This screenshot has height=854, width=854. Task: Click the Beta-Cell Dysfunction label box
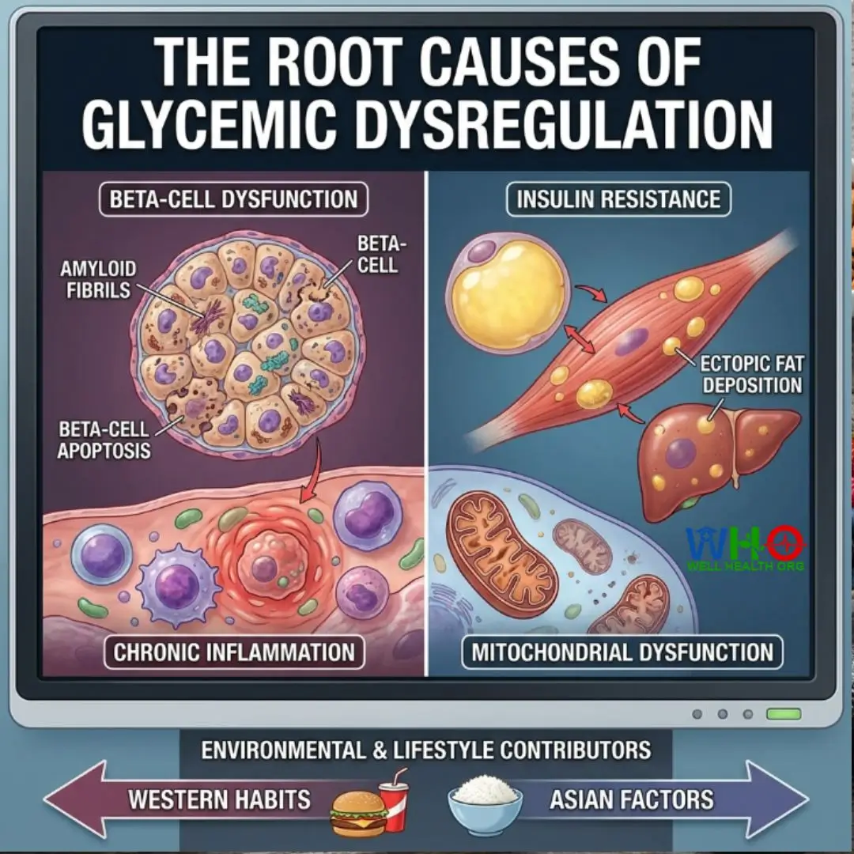click(x=233, y=199)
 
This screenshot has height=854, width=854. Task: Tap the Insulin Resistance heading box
click(x=618, y=199)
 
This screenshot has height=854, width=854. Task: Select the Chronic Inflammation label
click(x=233, y=652)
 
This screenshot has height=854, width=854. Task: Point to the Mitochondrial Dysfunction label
click(x=622, y=652)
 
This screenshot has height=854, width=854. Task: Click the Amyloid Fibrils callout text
click(x=98, y=279)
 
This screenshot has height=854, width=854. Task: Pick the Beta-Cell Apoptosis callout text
click(x=104, y=440)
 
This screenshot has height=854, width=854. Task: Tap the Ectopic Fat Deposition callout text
click(x=752, y=374)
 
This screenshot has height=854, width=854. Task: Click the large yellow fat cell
click(x=508, y=294)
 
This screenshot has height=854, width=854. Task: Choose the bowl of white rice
click(x=485, y=799)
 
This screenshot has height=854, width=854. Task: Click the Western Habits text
click(x=220, y=799)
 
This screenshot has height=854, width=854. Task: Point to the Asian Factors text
click(x=631, y=799)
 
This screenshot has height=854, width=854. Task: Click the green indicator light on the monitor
click(x=784, y=714)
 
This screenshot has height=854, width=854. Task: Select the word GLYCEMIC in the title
click(x=208, y=123)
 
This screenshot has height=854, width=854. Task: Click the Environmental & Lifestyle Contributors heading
click(x=426, y=750)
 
